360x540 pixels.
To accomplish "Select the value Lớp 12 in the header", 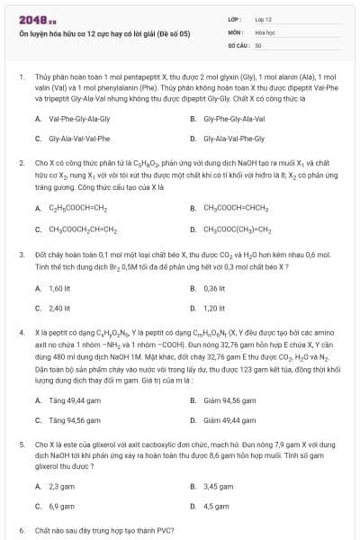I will click(263, 18).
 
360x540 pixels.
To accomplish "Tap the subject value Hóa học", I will click(264, 31).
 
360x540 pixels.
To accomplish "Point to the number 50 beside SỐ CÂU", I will click(258, 43).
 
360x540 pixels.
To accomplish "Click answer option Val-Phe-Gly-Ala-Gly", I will click(79, 119).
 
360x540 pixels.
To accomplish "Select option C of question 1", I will click(79, 139).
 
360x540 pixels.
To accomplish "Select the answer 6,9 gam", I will click(60, 506).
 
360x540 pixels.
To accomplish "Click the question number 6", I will click(22, 531).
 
